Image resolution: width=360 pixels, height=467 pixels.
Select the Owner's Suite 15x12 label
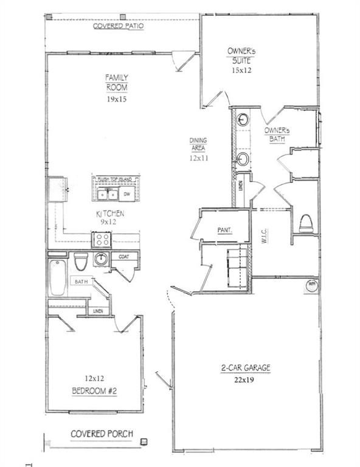point(241,60)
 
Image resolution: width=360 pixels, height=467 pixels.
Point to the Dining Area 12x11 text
point(199,148)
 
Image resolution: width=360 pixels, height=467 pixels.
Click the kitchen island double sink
point(108,194)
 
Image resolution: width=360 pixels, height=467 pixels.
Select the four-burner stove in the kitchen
point(101,239)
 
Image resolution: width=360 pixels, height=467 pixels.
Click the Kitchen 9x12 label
point(110,218)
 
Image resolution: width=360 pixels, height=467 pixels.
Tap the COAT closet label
point(124,257)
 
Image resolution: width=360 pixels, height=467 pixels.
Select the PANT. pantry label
point(226,230)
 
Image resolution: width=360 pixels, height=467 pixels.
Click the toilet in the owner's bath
point(305,223)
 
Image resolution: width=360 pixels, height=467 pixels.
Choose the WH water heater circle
point(311,285)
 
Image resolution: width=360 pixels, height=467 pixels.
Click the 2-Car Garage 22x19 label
point(246,373)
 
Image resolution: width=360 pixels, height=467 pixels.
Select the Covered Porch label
point(102,435)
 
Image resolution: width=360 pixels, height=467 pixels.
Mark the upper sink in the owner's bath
point(242,120)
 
